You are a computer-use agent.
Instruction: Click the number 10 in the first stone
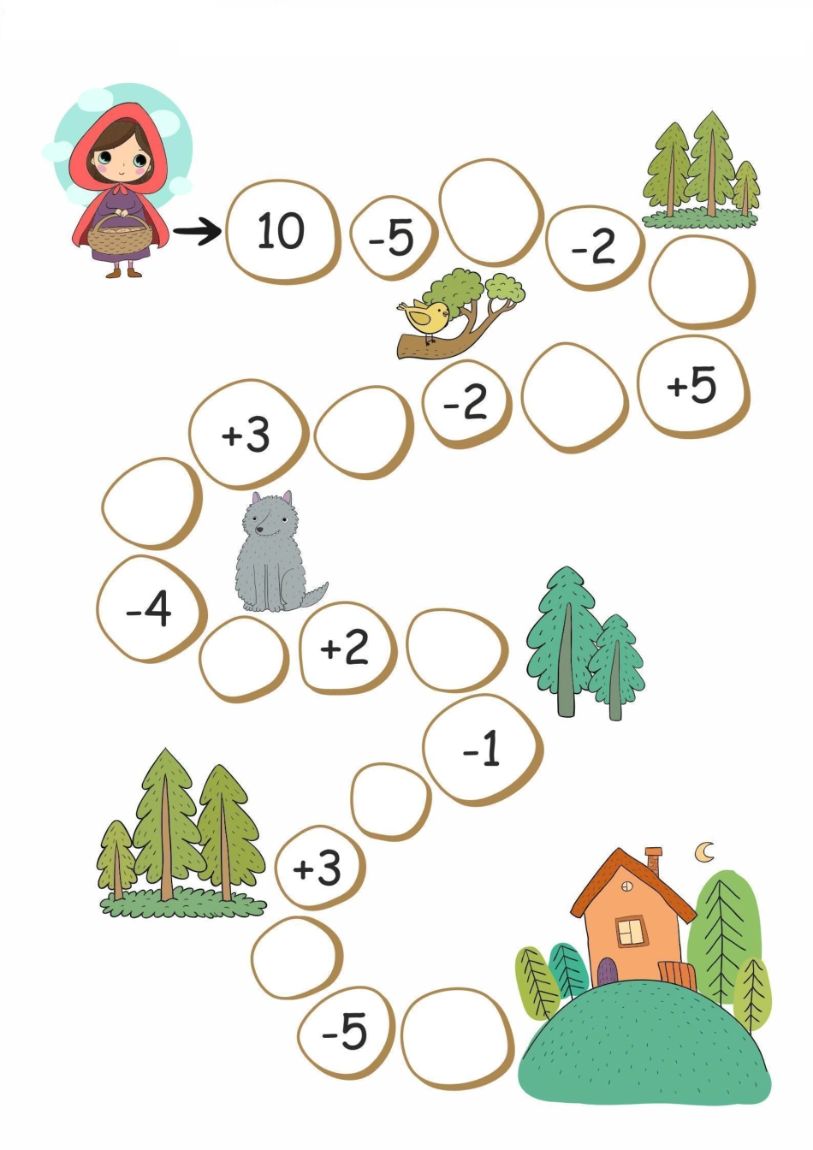(281, 230)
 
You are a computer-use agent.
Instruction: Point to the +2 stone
(347, 647)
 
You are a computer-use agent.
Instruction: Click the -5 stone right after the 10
(394, 238)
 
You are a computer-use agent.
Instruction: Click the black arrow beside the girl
(198, 231)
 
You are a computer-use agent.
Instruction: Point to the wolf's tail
(314, 596)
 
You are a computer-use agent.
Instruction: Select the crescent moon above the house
(704, 851)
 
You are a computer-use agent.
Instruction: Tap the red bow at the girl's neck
(121, 188)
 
